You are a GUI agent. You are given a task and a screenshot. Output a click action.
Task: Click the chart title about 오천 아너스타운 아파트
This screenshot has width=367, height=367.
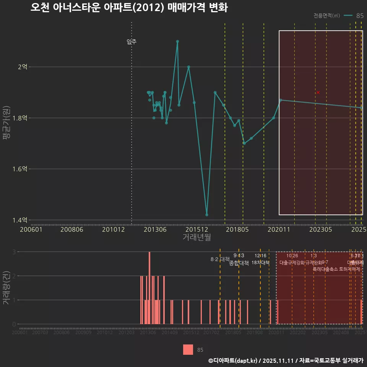[x=129, y=8]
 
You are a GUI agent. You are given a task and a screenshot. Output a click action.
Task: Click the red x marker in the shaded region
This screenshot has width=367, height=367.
[x=318, y=93]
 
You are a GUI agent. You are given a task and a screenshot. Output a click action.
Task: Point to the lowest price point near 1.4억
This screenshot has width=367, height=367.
[x=207, y=215]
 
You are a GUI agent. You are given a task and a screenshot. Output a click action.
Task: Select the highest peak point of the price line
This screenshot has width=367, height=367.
[x=177, y=41]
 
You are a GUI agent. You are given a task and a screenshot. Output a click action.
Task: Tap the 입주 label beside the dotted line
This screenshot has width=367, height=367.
[x=132, y=42]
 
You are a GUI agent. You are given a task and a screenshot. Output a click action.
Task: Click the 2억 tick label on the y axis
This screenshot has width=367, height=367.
[x=23, y=67]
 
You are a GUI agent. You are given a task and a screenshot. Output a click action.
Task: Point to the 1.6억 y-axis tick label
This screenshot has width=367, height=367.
[x=20, y=169]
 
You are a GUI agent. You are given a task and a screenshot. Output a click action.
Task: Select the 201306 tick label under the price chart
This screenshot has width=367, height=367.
[x=155, y=230]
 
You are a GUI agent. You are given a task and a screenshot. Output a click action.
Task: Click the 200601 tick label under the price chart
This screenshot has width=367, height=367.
[x=31, y=230]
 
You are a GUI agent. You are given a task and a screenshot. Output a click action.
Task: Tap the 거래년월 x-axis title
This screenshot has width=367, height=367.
[x=196, y=237]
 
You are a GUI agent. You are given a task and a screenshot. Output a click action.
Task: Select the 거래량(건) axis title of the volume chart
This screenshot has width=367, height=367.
[x=6, y=288]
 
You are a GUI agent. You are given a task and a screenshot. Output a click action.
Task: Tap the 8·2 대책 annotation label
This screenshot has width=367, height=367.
[x=220, y=259]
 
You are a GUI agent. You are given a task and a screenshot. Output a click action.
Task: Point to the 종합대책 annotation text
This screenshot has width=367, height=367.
[x=239, y=263]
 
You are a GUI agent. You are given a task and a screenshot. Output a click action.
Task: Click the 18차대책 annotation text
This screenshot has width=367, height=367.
[x=261, y=263]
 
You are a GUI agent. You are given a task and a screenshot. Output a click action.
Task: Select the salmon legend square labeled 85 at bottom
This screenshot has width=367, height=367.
[x=188, y=350]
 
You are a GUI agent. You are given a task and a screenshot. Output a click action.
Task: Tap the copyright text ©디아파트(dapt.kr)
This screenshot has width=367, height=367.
[x=233, y=361]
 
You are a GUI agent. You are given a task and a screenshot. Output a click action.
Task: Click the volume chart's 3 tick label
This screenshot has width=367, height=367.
[x=14, y=252]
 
